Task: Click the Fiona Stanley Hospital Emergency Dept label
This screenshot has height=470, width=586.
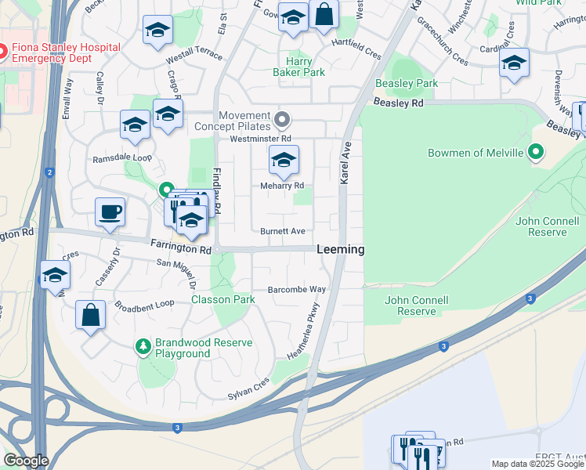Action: pyautogui.click(x=66, y=52)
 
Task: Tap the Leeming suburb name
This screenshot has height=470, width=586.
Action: pyautogui.click(x=341, y=249)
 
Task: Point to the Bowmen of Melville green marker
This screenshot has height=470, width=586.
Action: pyautogui.click(x=537, y=152)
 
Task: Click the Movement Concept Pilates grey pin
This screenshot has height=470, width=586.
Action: pyautogui.click(x=283, y=121)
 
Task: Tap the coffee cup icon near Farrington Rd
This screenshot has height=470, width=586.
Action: pyautogui.click(x=110, y=211)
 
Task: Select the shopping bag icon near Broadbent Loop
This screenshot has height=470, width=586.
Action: pyautogui.click(x=91, y=315)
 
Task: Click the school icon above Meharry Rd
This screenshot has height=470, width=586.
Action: pyautogui.click(x=284, y=161)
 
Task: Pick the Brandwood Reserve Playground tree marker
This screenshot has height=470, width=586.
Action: pyautogui.click(x=143, y=345)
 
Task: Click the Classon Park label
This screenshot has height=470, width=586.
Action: pyautogui.click(x=223, y=299)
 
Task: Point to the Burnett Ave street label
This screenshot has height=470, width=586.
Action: pyautogui.click(x=283, y=231)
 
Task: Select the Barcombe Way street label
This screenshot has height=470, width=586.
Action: pyautogui.click(x=296, y=288)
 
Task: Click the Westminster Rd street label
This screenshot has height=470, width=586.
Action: pyautogui.click(x=260, y=139)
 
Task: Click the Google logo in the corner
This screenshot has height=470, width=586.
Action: pyautogui.click(x=25, y=461)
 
